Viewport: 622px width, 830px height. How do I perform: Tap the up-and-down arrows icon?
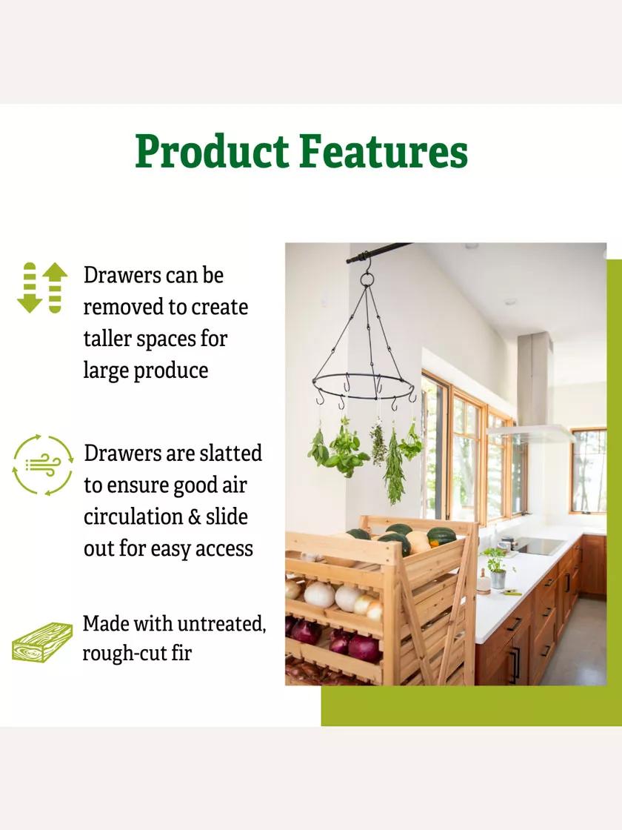[42, 288]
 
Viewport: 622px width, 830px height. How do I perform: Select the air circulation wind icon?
[42, 465]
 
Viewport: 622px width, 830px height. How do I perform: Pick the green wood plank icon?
[42, 642]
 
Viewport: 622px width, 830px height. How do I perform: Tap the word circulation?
[133, 517]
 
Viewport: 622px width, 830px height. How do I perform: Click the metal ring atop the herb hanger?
[367, 279]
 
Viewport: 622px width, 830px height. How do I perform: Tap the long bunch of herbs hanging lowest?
[393, 468]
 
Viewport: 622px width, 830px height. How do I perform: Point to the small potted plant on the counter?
[497, 568]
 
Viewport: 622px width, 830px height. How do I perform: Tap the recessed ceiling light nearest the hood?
[510, 302]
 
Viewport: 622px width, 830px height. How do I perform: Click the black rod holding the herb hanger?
[378, 252]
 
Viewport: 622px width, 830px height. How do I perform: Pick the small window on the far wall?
[589, 471]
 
